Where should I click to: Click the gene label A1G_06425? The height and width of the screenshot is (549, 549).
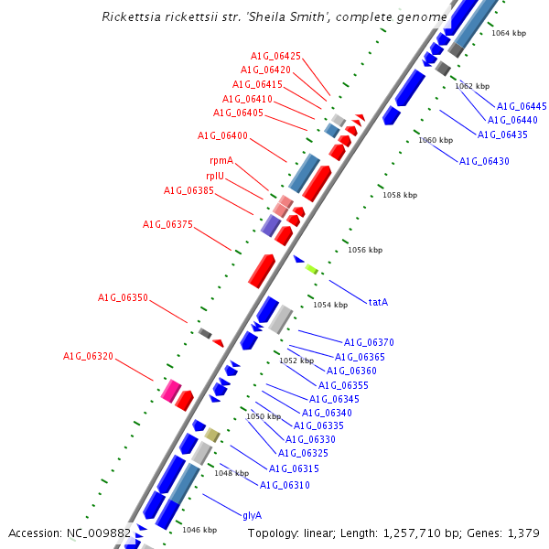(275, 57)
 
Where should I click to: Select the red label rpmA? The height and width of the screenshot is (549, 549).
(221, 161)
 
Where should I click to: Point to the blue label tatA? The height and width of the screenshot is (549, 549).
(378, 301)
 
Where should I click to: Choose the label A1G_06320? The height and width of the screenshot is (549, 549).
(88, 356)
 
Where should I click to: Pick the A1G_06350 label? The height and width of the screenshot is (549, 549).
(123, 298)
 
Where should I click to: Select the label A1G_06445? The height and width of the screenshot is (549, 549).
(522, 106)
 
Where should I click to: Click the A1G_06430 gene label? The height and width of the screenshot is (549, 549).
(484, 161)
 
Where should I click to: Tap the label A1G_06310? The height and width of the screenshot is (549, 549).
(285, 485)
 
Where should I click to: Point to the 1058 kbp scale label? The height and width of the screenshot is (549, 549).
(400, 195)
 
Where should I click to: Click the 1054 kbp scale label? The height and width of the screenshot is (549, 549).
(330, 305)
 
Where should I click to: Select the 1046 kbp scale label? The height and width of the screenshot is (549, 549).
(199, 530)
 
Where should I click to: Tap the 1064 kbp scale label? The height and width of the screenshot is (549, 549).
(509, 33)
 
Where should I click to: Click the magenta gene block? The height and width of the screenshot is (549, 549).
(170, 392)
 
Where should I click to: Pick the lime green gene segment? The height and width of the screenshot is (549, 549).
(311, 269)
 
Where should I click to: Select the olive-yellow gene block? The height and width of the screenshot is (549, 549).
(212, 435)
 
